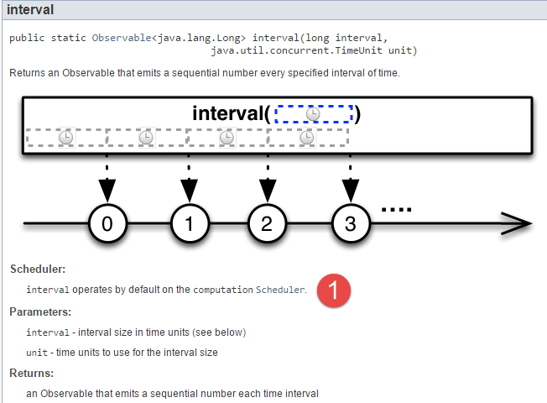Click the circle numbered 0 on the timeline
107,223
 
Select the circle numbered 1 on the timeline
189,223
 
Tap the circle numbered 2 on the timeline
267,223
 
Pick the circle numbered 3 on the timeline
350,223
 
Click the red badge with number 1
335,290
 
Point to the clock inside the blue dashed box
313,113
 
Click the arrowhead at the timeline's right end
520,224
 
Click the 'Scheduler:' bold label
38,270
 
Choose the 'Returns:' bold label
33,373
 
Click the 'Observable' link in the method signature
117,38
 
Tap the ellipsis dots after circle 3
396,207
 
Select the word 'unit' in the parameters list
37,353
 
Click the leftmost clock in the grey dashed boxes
65,137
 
